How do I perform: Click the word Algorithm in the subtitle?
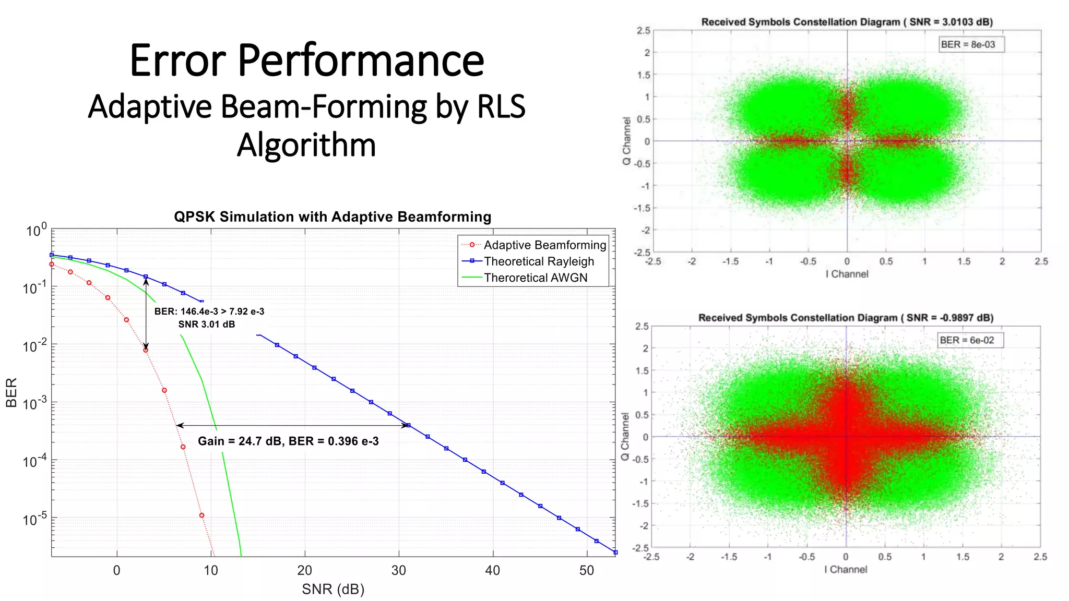pyautogui.click(x=306, y=145)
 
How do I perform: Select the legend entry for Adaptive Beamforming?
pyautogui.click(x=544, y=245)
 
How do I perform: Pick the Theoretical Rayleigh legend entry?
pyautogui.click(x=539, y=261)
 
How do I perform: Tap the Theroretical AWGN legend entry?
pyautogui.click(x=536, y=278)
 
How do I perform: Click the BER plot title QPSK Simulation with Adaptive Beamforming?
pyautogui.click(x=332, y=217)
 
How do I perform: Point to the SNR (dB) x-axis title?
pyautogui.click(x=333, y=589)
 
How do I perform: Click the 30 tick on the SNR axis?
pyautogui.click(x=399, y=570)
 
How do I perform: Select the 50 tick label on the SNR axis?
pyautogui.click(x=587, y=570)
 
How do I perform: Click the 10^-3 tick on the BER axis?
pyautogui.click(x=34, y=403)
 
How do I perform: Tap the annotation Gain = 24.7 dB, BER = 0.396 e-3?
pyautogui.click(x=288, y=441)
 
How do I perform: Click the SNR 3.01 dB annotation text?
pyautogui.click(x=207, y=324)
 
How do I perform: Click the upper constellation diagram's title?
pyautogui.click(x=847, y=22)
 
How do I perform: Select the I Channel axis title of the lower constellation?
pyautogui.click(x=846, y=569)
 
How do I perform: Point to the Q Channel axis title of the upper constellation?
pyautogui.click(x=626, y=141)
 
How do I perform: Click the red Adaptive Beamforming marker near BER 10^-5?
pyautogui.click(x=201, y=515)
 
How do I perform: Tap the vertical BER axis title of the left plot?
pyautogui.click(x=11, y=392)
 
